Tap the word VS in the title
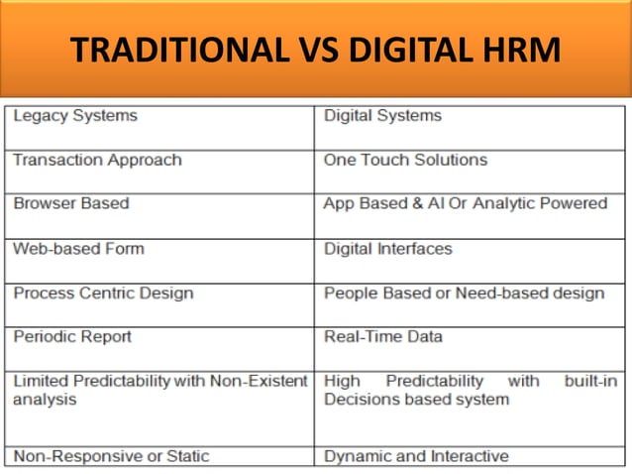(x=297, y=50)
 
